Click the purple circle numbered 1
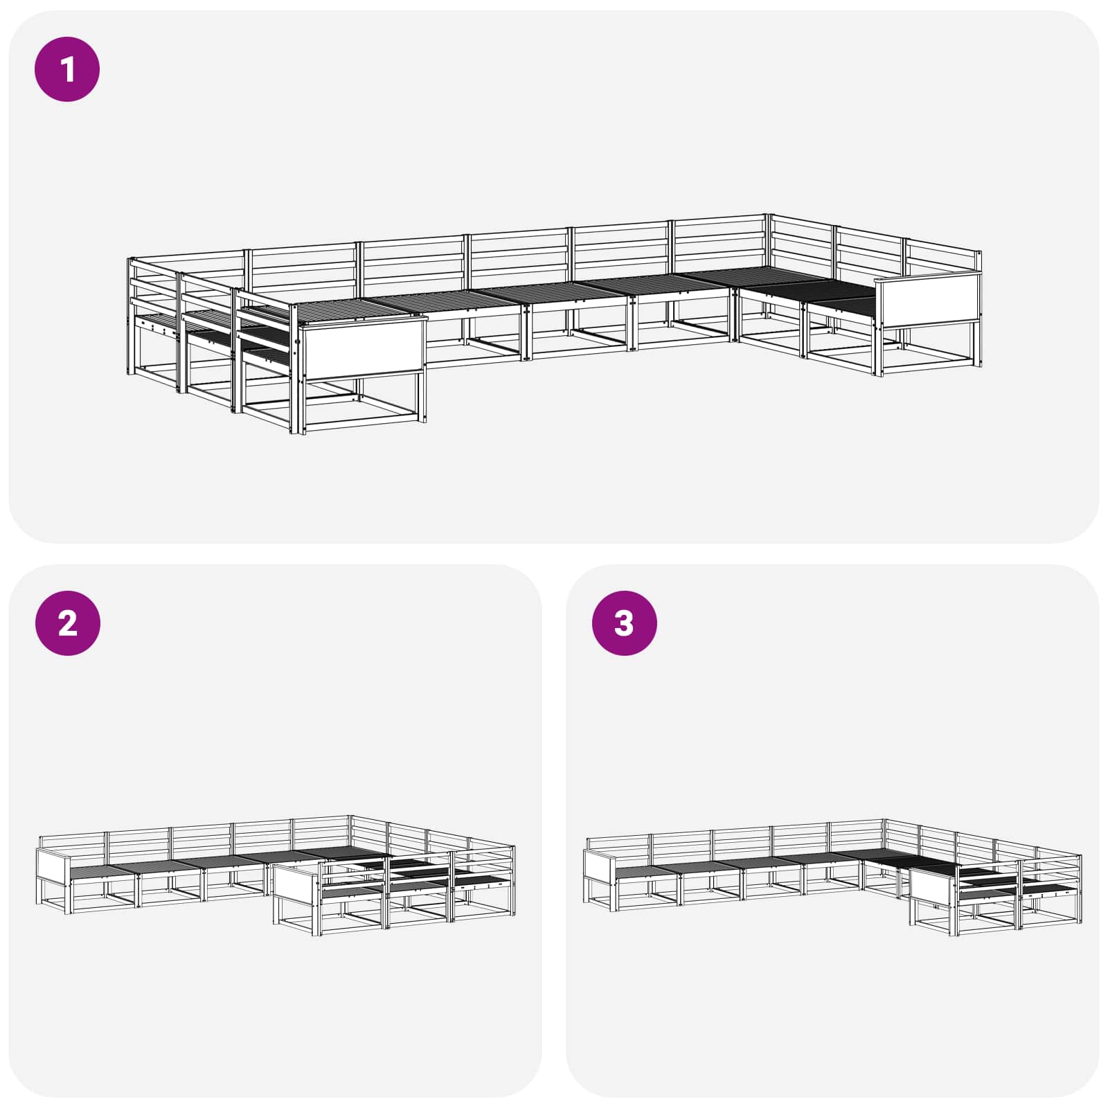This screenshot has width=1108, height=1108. [x=67, y=69]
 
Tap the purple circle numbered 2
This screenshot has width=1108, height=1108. [x=67, y=623]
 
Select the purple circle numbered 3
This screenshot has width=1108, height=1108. [x=625, y=623]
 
